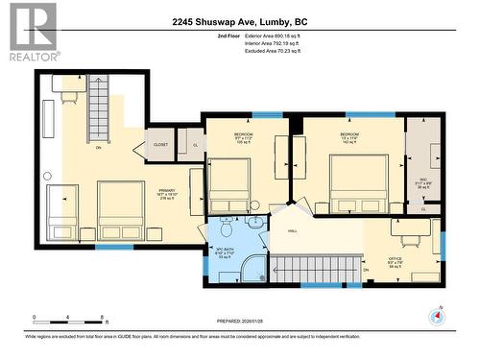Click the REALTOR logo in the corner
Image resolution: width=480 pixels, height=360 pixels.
(x=30, y=33)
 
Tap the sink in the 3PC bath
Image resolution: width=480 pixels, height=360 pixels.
(x=255, y=223)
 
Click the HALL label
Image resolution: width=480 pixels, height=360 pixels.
(x=291, y=231)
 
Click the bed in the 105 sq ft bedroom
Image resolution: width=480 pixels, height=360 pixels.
(x=229, y=184)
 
